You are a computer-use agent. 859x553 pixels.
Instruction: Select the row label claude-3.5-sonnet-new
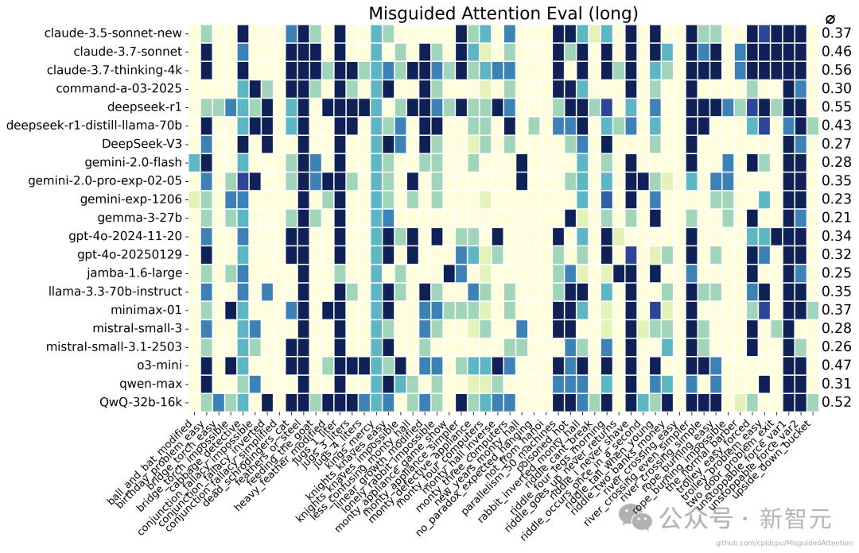click(x=114, y=33)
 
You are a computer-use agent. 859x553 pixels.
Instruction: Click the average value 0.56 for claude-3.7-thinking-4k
click(x=836, y=70)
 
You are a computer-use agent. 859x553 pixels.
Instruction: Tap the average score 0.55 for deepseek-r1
click(x=836, y=106)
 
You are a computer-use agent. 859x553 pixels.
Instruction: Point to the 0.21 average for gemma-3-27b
click(x=836, y=218)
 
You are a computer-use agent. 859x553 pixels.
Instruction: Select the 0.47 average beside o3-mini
click(x=836, y=365)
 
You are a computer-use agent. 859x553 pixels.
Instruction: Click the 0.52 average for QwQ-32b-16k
click(x=836, y=403)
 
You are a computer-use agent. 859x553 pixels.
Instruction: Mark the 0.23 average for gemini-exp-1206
click(x=836, y=199)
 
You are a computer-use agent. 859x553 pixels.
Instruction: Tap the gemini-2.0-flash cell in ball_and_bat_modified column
click(x=194, y=162)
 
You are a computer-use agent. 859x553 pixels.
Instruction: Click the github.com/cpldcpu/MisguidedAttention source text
click(x=783, y=543)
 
